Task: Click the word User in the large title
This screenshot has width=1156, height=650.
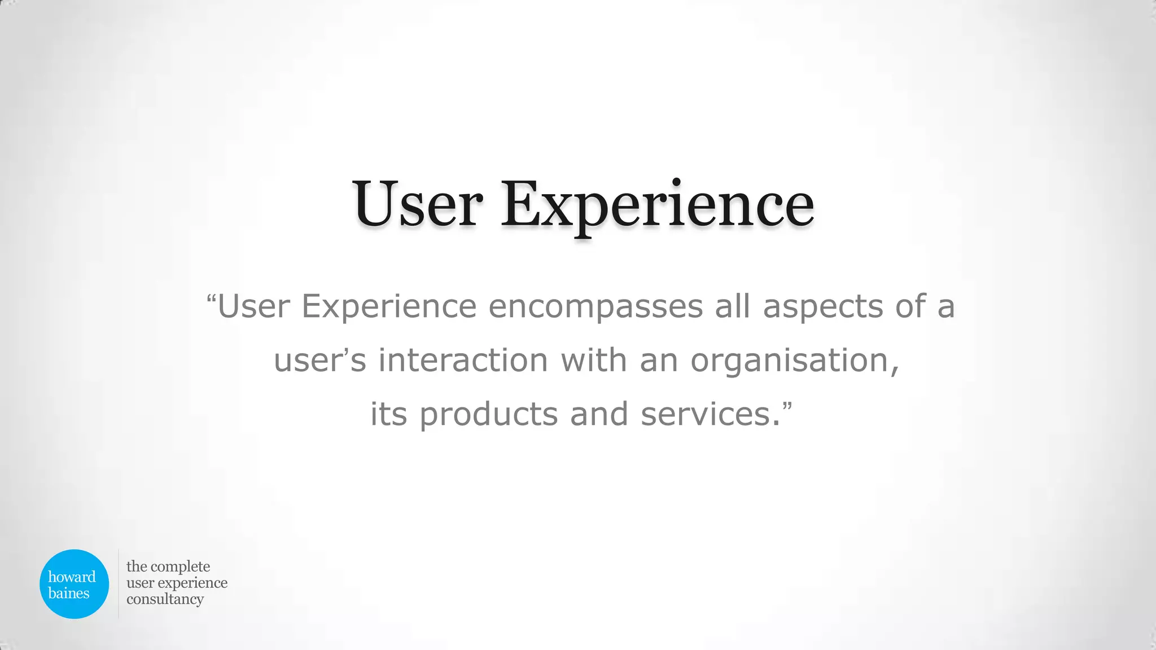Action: tap(418, 204)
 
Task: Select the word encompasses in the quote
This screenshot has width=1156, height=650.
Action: tap(595, 307)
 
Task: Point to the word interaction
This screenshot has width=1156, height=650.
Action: tap(463, 360)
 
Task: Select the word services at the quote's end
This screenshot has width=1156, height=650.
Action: tap(706, 414)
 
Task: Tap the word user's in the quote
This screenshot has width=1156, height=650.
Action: tap(320, 361)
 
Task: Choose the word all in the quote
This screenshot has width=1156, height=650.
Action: tap(733, 306)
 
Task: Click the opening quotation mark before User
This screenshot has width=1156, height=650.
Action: tap(212, 298)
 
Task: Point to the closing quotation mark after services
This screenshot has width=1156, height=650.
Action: tap(787, 406)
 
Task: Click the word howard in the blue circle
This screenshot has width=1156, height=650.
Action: tap(72, 577)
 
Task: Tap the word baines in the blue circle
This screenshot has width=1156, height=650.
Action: tap(69, 593)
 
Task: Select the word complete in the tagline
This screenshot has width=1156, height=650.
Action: tap(180, 566)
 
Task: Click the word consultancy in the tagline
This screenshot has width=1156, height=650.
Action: tap(165, 599)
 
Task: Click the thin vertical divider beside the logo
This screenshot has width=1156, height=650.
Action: tap(119, 583)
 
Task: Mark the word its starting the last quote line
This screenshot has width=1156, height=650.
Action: tap(388, 414)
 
